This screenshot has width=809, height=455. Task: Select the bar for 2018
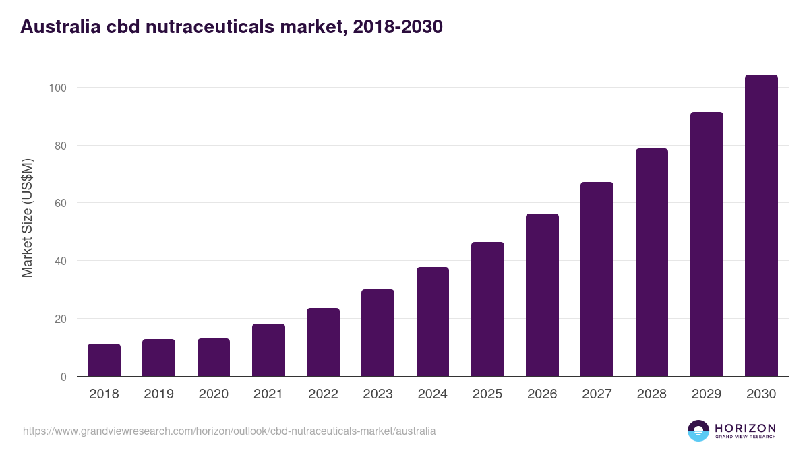coord(104,360)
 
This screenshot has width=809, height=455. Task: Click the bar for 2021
coord(268,350)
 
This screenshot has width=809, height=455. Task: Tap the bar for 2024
coord(433,322)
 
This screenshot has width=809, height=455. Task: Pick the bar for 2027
coord(597,279)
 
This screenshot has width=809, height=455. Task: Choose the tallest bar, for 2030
coord(761,226)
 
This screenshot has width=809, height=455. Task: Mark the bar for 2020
coord(214,357)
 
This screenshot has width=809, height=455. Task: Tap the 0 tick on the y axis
coord(63,377)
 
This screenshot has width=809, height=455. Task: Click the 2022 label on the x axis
coord(323,394)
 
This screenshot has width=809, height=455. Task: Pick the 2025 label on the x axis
coord(487,394)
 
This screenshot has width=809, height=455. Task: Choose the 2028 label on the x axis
coord(652,394)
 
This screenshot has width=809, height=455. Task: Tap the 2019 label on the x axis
coord(158,394)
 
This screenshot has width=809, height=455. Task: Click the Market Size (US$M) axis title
coord(27,218)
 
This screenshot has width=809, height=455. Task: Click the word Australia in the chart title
coord(57,27)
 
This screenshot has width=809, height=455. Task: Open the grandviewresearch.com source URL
coord(229,431)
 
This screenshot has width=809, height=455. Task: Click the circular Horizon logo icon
coord(698,431)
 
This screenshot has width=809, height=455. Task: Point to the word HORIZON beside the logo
coord(745,428)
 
